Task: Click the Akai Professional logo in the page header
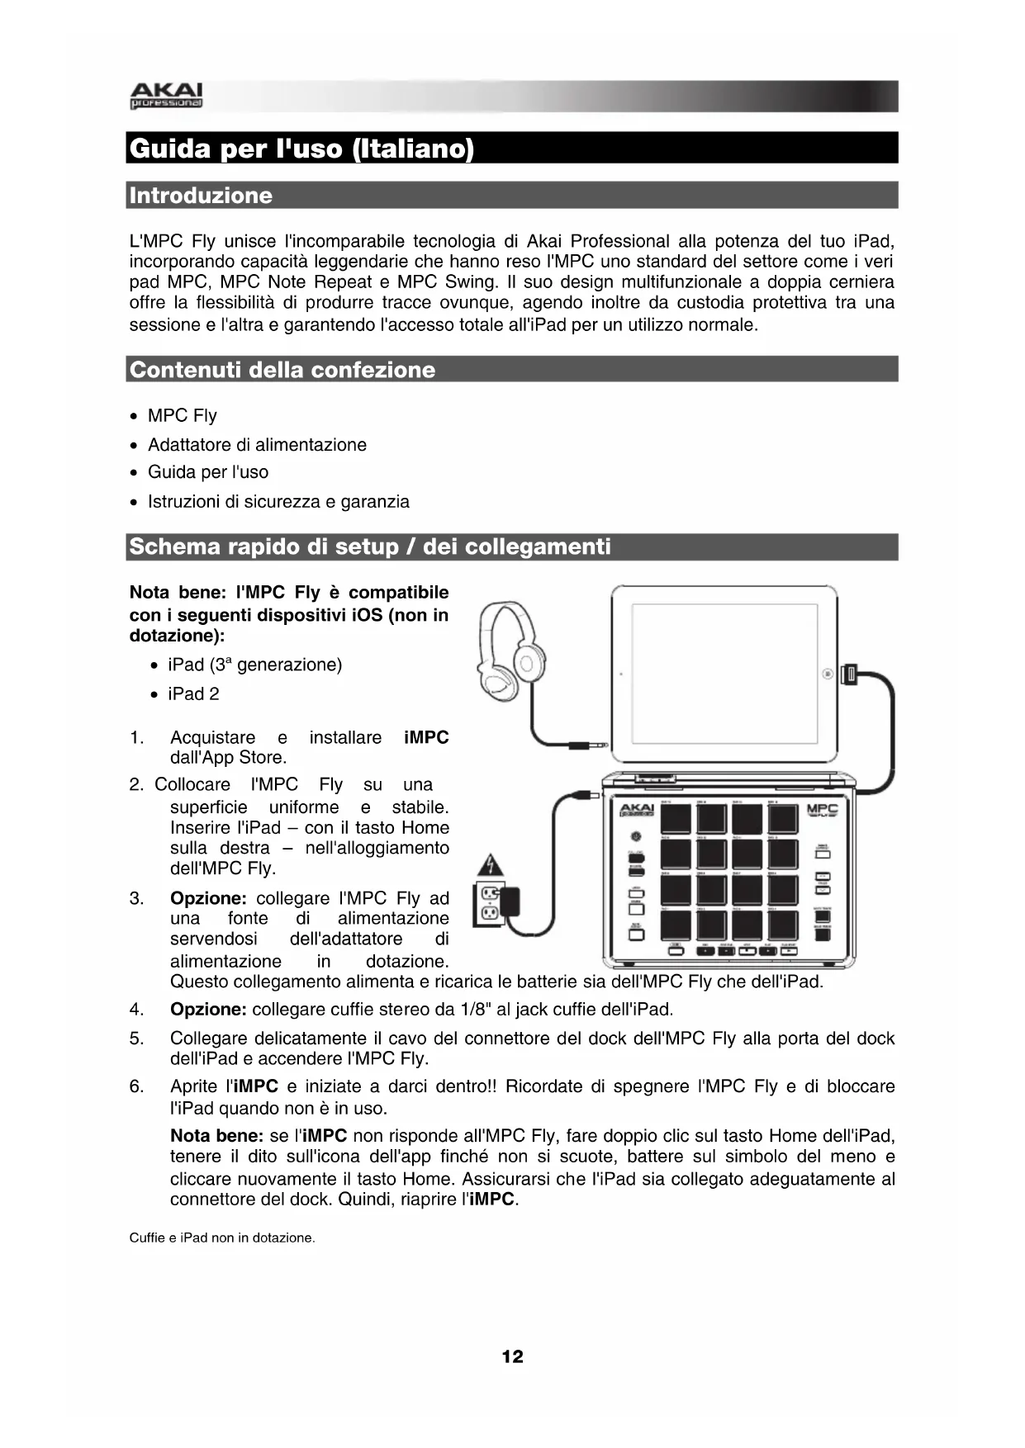coord(166,96)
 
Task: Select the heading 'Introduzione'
coord(201,196)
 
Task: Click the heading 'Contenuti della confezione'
coord(282,370)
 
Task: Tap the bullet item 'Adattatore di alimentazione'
coord(257,445)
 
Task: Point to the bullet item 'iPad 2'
coord(193,694)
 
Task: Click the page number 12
coord(512,1356)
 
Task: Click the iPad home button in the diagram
coord(828,674)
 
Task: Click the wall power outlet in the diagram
coord(491,903)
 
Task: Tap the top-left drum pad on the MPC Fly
coord(676,819)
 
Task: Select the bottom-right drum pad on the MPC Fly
coord(782,925)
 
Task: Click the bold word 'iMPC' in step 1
coord(426,738)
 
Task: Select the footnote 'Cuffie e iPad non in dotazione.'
coord(222,1237)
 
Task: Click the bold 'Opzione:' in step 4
coord(208,1010)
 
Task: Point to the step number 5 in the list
coord(136,1039)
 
